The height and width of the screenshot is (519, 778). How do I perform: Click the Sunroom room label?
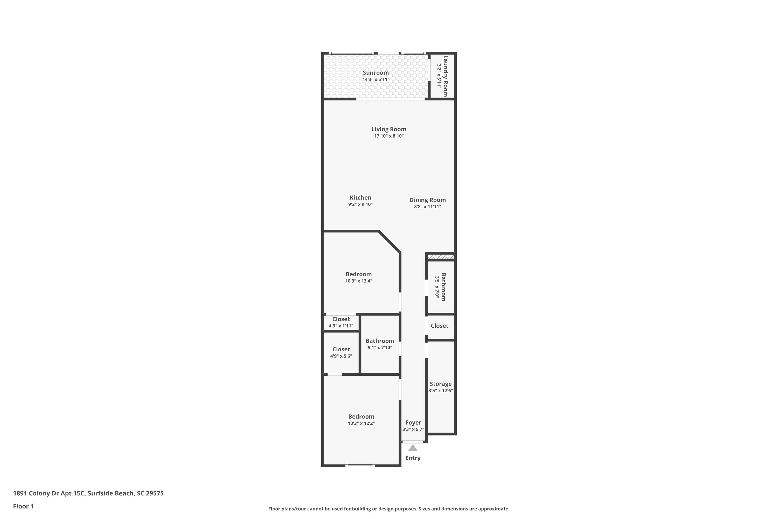(376, 73)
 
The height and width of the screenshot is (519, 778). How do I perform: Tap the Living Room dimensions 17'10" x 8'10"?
(389, 136)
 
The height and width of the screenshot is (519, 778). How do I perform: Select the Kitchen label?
(360, 197)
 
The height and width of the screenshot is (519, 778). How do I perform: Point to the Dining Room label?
(427, 200)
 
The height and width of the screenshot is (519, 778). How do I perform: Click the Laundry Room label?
(445, 76)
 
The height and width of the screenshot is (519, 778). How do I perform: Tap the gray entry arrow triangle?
(413, 448)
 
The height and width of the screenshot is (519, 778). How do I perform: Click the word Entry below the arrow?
(413, 458)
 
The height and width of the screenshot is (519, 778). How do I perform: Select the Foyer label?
(413, 423)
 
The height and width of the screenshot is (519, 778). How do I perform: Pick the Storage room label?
(440, 384)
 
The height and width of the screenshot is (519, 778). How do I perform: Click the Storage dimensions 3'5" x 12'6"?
(441, 391)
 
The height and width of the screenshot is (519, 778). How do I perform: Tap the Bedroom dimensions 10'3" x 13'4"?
(359, 281)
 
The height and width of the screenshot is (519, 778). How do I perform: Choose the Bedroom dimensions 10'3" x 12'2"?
(361, 423)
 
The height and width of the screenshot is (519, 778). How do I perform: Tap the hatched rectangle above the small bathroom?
(441, 257)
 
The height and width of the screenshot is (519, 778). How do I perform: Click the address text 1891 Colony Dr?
(49, 493)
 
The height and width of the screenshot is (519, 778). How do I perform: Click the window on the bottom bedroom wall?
(360, 466)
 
